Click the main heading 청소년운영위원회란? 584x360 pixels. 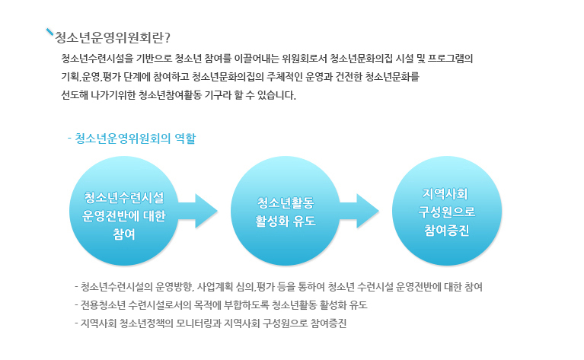click(113, 37)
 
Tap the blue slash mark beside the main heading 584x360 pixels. click(50, 32)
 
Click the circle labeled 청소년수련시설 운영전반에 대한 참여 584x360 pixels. click(123, 211)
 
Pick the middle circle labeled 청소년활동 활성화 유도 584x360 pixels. click(286, 211)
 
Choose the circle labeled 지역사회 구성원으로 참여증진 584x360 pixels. click(447, 211)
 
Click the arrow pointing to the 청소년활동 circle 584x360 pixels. click(198, 211)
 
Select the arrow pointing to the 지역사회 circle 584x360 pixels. click(359, 211)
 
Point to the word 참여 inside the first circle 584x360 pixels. click(123, 234)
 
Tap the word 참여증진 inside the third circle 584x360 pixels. click(447, 231)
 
